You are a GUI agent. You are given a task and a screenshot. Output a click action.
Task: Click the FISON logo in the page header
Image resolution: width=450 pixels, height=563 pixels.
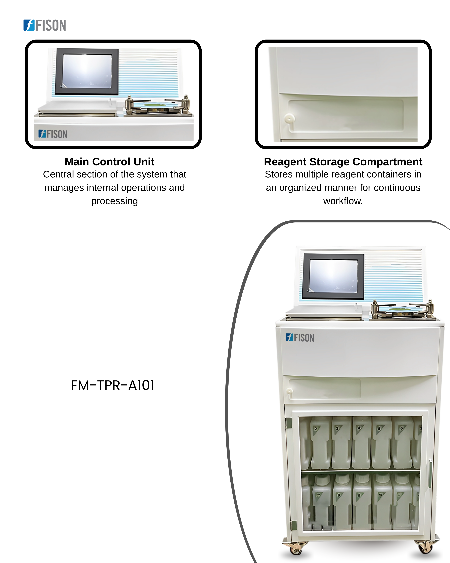(x=45, y=25)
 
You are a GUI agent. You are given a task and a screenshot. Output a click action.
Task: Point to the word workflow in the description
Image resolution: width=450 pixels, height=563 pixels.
(x=343, y=201)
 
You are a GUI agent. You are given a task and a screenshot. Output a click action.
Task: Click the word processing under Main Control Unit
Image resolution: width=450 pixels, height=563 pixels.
(x=115, y=201)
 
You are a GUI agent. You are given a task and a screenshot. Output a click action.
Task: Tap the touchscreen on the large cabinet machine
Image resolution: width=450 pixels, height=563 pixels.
(x=333, y=276)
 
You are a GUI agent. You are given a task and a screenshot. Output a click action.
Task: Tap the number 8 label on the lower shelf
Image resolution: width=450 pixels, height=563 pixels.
(x=339, y=495)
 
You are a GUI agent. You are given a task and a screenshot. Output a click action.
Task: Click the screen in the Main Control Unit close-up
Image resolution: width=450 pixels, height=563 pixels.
(x=87, y=71)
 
